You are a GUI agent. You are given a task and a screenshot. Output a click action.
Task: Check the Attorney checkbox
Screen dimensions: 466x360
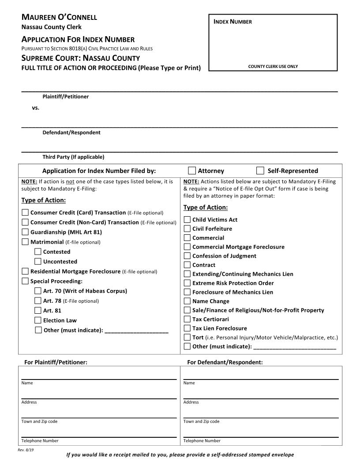tap(192, 171)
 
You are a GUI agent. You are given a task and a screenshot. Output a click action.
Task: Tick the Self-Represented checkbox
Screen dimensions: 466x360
tap(260, 171)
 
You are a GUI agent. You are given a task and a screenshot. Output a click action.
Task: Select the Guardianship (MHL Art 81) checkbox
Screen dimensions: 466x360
tap(25, 232)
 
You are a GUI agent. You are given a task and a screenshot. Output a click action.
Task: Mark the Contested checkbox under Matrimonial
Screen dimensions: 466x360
tap(38, 252)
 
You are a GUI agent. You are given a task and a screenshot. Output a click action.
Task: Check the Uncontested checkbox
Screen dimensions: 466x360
tap(38, 261)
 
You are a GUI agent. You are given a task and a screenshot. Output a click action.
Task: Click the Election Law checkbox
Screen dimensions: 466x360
tap(38, 320)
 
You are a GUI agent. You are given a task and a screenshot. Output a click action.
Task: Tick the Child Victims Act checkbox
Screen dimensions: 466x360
tap(187, 219)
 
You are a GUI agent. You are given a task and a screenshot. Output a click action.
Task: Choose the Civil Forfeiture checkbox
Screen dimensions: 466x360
tap(187, 229)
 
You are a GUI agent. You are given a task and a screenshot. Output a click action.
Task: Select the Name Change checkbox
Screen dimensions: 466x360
tap(187, 301)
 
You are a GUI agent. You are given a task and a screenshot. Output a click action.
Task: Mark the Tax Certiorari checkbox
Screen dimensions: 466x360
tap(187, 319)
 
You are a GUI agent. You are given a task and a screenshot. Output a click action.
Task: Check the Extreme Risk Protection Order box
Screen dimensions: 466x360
tap(187, 283)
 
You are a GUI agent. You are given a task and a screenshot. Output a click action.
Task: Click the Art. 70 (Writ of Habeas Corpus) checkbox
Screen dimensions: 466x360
tap(38, 291)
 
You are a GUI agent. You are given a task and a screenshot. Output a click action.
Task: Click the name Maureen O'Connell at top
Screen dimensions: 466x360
tap(59, 17)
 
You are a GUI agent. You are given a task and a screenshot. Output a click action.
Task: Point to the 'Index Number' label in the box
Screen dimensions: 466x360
tap(232, 22)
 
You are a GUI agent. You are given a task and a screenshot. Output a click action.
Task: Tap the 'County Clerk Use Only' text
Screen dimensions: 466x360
tap(273, 67)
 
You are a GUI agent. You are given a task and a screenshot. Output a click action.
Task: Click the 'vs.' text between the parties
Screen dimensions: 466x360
tap(35, 107)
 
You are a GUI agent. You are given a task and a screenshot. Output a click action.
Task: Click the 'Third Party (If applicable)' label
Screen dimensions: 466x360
tap(73, 157)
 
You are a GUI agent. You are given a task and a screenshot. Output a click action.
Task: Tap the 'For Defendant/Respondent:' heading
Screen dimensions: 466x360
tap(225, 362)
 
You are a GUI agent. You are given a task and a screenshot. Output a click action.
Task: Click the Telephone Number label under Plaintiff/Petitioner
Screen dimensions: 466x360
tap(40, 440)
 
